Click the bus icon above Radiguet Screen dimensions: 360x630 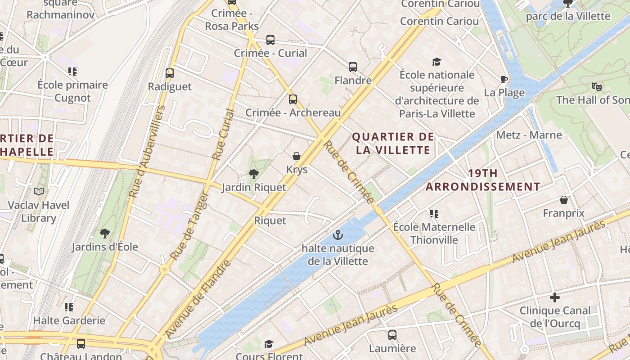[170, 73]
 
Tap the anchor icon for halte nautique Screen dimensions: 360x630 [337, 234]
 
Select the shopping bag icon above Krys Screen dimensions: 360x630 [297, 156]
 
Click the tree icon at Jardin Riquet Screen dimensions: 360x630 [254, 174]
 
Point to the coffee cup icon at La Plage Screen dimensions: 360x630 [504, 80]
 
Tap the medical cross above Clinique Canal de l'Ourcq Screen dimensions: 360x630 [555, 297]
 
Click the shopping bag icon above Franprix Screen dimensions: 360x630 [564, 200]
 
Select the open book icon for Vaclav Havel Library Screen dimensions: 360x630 [39, 192]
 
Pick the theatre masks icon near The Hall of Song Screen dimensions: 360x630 [597, 86]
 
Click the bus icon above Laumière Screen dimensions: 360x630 [392, 335]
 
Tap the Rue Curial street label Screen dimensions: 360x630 [224, 134]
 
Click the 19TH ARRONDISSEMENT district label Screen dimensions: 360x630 [483, 180]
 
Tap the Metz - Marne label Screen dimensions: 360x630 [529, 135]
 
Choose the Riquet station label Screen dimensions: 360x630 [270, 220]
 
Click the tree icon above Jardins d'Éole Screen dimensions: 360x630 [105, 233]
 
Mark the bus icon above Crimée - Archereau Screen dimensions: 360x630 [293, 99]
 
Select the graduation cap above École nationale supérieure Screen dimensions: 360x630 [436, 62]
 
